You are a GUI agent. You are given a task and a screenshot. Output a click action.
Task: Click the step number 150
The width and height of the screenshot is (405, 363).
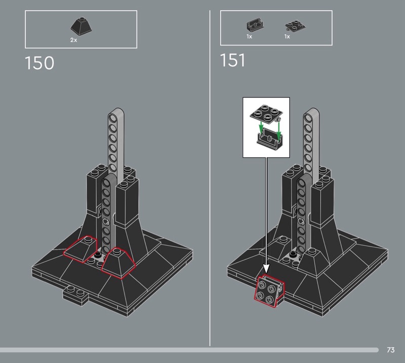point(39,63)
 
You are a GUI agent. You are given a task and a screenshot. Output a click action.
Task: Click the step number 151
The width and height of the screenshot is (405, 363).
point(232,60)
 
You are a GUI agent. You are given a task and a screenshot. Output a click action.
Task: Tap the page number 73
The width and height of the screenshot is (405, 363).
point(390,350)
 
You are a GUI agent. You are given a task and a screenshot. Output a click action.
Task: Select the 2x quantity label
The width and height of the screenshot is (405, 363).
point(73,40)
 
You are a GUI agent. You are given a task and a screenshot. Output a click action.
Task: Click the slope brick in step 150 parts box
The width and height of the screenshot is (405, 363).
point(81,26)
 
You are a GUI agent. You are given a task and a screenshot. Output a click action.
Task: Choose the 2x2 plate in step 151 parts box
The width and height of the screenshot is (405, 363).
point(295,26)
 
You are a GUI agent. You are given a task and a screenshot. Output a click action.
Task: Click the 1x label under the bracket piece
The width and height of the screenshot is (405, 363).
point(249,36)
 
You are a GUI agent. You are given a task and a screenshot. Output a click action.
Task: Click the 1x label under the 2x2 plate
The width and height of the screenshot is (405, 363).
point(287,36)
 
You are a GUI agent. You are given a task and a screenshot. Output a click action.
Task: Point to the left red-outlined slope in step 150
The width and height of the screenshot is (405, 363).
point(80,248)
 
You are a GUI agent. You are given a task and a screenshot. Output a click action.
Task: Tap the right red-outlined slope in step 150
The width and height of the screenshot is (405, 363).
point(118,263)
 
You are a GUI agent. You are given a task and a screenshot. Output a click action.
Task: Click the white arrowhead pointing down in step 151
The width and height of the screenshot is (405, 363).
point(266,269)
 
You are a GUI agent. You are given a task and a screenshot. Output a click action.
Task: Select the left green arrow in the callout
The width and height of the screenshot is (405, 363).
point(261,126)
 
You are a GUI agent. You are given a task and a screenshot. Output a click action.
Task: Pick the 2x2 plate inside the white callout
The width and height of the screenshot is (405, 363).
point(266,112)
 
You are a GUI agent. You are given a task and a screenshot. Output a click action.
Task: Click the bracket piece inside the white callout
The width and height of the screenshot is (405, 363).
point(269,141)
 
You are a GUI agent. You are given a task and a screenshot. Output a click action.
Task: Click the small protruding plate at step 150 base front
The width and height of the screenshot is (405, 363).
point(75,296)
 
